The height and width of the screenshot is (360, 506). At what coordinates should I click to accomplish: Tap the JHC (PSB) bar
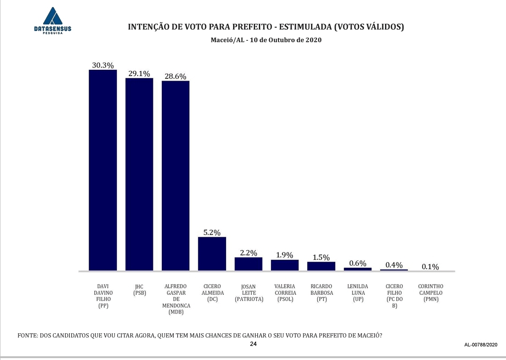pyautogui.click(x=139, y=174)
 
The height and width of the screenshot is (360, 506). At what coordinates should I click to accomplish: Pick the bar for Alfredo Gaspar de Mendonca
pyautogui.click(x=175, y=176)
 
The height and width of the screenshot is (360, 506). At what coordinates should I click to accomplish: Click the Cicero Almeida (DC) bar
pyautogui.click(x=212, y=254)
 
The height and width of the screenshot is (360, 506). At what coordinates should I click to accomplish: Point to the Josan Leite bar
pyautogui.click(x=249, y=264)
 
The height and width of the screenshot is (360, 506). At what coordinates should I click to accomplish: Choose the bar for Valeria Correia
pyautogui.click(x=285, y=265)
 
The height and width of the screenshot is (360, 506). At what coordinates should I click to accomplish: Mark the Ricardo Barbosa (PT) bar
pyautogui.click(x=321, y=266)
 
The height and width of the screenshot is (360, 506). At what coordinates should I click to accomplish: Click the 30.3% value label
pyautogui.click(x=103, y=65)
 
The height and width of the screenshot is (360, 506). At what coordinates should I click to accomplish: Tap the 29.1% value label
pyautogui.click(x=139, y=74)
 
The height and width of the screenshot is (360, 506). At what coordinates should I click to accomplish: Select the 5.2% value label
pyautogui.click(x=212, y=232)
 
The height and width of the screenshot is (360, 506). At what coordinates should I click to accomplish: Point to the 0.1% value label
pyautogui.click(x=430, y=267)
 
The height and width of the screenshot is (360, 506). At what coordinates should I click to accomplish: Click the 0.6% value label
pyautogui.click(x=357, y=263)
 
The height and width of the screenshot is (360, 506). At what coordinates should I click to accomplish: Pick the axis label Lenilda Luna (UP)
pyautogui.click(x=357, y=292)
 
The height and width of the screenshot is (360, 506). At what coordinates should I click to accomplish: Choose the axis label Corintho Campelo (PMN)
pyautogui.click(x=430, y=292)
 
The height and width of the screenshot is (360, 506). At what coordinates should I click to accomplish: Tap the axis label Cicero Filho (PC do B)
pyautogui.click(x=394, y=296)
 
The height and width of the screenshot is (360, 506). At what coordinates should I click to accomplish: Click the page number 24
pyautogui.click(x=253, y=344)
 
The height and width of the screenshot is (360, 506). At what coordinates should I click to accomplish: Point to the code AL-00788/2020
pyautogui.click(x=480, y=345)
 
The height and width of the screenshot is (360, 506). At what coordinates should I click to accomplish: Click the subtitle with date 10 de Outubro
pyautogui.click(x=266, y=40)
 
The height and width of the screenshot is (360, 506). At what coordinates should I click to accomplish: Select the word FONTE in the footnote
pyautogui.click(x=28, y=336)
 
